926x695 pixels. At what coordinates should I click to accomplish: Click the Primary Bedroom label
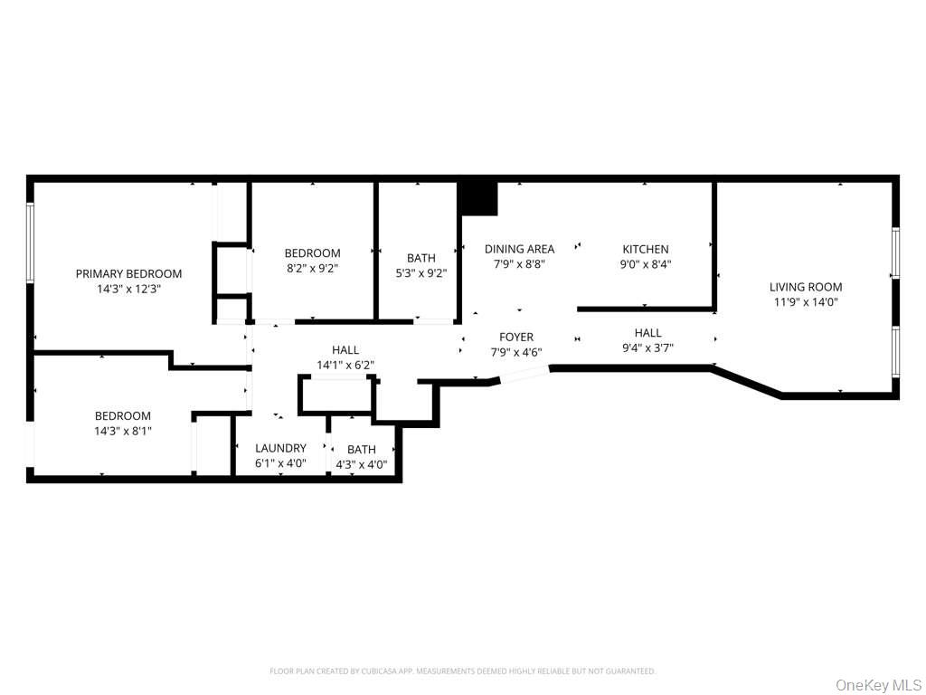point(128,273)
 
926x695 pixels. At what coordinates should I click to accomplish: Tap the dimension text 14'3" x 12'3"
point(128,289)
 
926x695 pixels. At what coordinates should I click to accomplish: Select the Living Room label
point(806,287)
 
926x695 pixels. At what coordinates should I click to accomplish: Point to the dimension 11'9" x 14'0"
point(806,302)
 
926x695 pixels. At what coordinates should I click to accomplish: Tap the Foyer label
point(516,337)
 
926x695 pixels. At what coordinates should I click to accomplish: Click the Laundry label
point(280,448)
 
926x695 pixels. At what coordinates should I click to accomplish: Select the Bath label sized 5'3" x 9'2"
point(420,258)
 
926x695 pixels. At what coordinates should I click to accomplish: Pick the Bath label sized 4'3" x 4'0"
point(362,449)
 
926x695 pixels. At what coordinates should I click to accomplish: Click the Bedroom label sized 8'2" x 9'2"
point(312,253)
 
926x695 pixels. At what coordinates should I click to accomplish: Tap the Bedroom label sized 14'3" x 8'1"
point(123,415)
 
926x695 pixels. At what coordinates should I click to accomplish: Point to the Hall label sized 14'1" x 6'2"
point(345,349)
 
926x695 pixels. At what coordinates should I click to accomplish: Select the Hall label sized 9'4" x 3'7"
point(647,332)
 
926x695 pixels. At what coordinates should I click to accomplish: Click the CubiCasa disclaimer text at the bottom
point(462,671)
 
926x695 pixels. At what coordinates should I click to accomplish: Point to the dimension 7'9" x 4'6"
point(516,352)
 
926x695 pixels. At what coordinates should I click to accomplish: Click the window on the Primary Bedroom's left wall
point(30,242)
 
